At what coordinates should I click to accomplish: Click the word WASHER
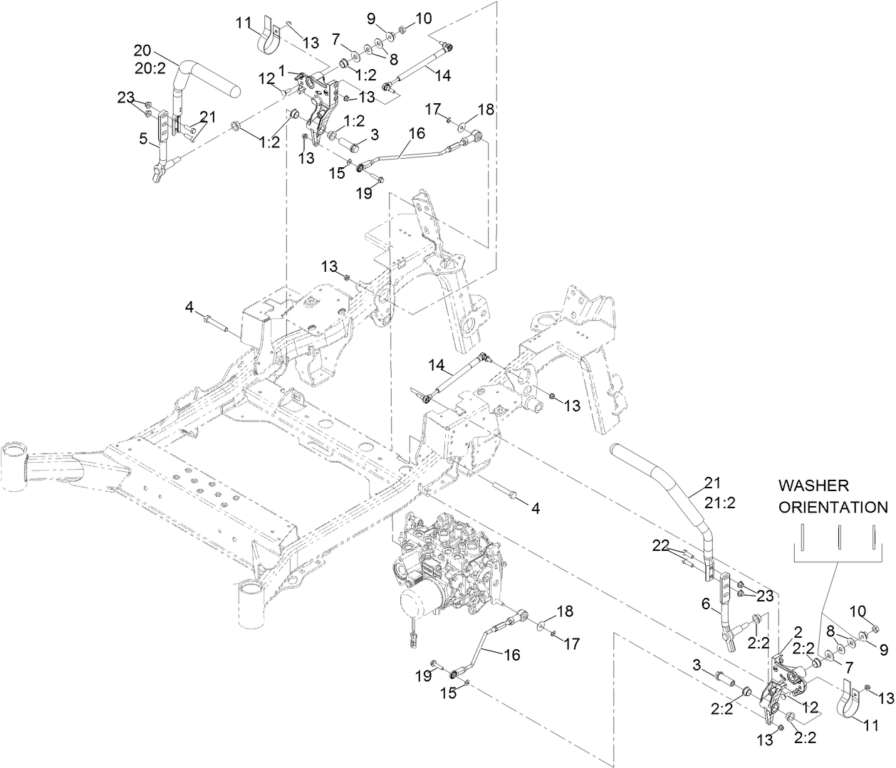pos(813,485)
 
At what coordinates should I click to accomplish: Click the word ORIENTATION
pos(833,507)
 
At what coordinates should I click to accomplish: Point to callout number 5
pos(145,140)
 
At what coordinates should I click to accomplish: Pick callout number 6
pos(706,603)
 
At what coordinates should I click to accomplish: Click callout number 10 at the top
pos(423,18)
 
